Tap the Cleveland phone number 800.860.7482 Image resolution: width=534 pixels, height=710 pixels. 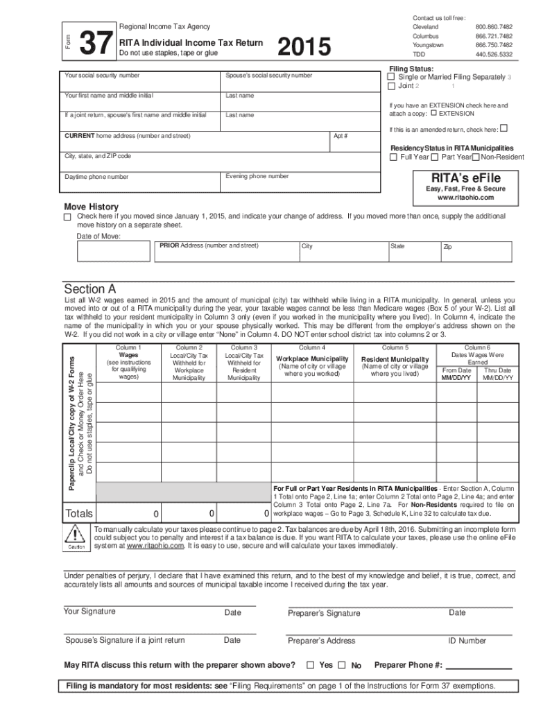[x=494, y=26]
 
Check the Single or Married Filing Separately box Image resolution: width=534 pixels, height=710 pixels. [x=391, y=77]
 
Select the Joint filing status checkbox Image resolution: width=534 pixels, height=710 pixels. [x=391, y=86]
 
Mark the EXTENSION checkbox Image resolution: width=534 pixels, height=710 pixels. [x=434, y=113]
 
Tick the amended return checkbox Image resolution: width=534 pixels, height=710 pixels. [x=503, y=128]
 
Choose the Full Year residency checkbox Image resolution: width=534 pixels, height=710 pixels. [x=393, y=157]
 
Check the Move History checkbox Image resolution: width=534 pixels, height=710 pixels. [x=67, y=218]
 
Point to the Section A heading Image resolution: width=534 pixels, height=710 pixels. [x=90, y=288]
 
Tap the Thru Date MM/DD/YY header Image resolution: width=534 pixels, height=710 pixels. [x=498, y=374]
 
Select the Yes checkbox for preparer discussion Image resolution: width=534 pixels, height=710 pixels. [x=311, y=665]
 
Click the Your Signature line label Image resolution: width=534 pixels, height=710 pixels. [x=90, y=611]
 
